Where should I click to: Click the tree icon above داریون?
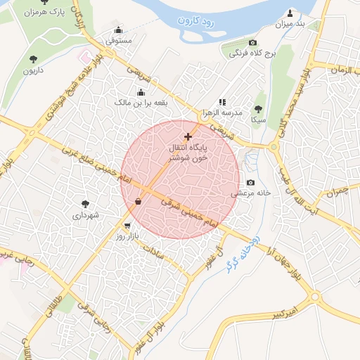34,59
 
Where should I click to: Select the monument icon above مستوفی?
117,30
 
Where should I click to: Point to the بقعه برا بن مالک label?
143,103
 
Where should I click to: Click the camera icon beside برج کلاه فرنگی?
253,44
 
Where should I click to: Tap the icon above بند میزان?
290,13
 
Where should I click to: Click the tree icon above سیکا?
258,108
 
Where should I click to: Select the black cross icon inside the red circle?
188,136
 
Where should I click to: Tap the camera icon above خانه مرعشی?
250,182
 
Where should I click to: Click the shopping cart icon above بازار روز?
127,226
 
